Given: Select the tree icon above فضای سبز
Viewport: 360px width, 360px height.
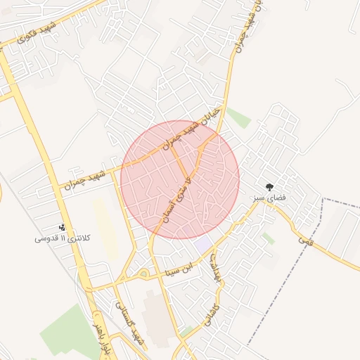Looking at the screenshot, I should click(x=269, y=186).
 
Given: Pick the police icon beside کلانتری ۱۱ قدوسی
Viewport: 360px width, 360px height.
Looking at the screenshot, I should click(x=63, y=227).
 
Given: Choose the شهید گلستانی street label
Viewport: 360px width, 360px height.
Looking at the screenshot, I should click(x=131, y=323).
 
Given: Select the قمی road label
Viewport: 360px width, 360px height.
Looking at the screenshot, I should click(x=305, y=240).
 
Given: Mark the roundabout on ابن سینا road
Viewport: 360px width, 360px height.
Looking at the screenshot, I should click(x=143, y=274).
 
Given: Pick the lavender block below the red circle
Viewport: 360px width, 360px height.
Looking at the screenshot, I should click(x=203, y=244).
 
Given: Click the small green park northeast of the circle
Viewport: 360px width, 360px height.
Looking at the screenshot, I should click(x=240, y=117).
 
